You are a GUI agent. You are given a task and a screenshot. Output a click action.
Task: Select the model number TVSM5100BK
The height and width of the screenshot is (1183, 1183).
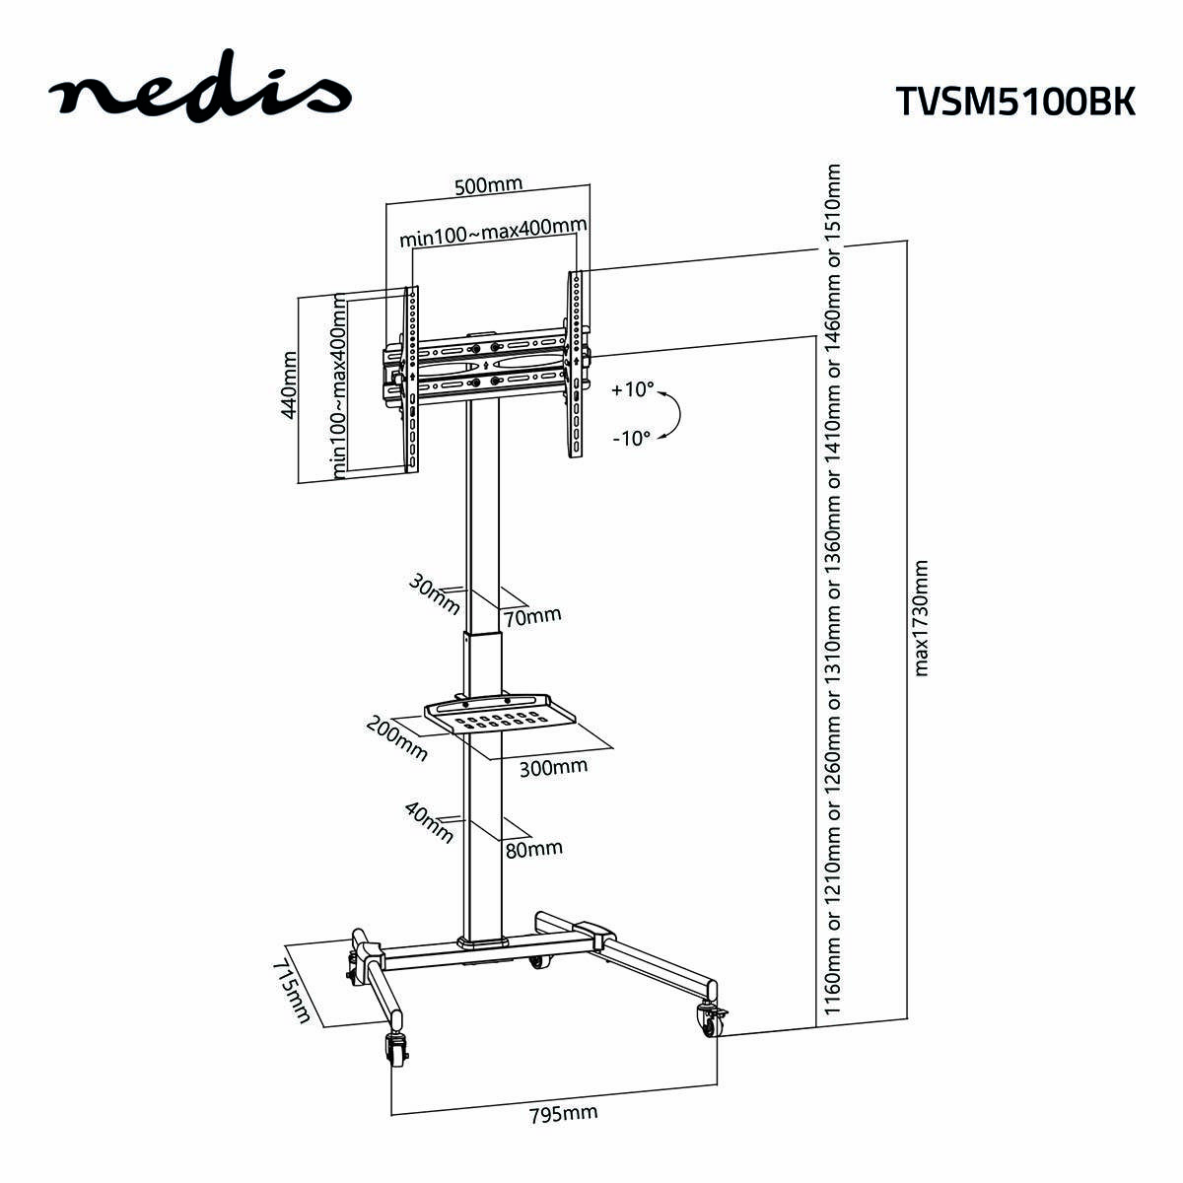[x=1014, y=101]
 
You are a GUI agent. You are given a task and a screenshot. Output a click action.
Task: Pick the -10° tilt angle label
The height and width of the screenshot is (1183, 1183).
[x=632, y=438]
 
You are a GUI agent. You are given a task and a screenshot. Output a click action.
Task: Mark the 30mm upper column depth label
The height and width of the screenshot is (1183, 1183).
[x=434, y=592]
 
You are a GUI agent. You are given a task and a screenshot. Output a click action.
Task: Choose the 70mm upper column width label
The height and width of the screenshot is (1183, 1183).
[x=532, y=616]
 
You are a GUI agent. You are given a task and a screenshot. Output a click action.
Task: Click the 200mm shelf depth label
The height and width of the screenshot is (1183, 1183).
[x=397, y=737]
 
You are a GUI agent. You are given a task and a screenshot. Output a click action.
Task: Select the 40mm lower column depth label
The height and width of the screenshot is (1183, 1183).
[x=429, y=822]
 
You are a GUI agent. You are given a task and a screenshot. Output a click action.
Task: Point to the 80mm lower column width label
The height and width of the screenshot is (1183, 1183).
[x=533, y=848]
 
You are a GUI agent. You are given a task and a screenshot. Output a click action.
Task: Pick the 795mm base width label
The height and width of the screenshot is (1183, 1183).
[x=563, y=1115]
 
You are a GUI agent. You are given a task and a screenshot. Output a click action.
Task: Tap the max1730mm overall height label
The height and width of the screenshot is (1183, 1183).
[x=922, y=618]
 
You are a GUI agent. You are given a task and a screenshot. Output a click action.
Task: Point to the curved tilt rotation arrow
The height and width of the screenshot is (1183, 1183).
[x=673, y=414]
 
